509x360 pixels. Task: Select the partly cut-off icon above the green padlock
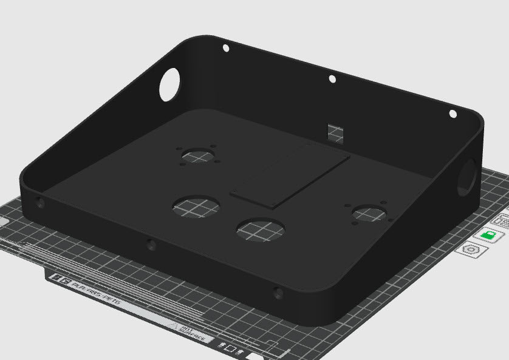503,219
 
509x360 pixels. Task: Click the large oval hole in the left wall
169,85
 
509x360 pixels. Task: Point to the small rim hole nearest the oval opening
225,47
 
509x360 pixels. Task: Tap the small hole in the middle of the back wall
332,79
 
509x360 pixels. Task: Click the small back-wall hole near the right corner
453,114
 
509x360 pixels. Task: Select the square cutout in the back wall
335,132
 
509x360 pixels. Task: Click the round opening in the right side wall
468,177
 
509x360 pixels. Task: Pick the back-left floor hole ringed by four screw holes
198,156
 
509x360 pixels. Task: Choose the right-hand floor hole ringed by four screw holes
367,213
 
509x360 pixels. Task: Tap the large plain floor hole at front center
261,229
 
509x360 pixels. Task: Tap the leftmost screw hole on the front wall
40,203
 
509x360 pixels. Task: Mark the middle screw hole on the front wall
151,246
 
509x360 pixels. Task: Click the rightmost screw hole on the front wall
278,294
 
